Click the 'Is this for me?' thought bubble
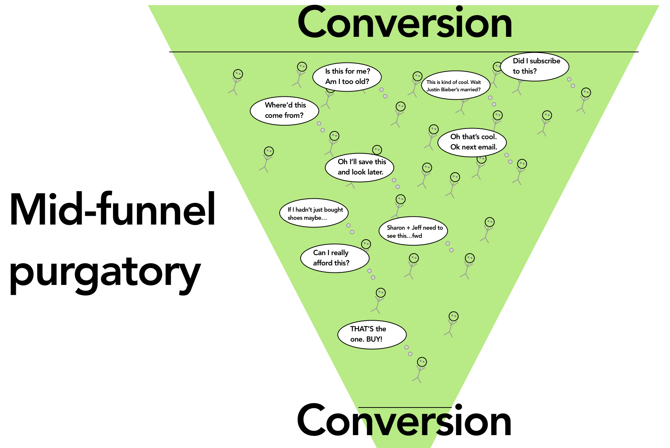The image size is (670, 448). pyautogui.click(x=347, y=77)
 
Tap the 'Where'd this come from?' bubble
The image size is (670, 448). pyautogui.click(x=284, y=110)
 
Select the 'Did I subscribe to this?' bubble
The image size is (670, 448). pyautogui.click(x=536, y=66)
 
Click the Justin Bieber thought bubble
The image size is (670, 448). pyautogui.click(x=455, y=85)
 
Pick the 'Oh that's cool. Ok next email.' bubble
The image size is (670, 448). pyautogui.click(x=472, y=142)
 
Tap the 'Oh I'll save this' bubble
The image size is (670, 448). pyautogui.click(x=359, y=167)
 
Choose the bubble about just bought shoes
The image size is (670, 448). pyautogui.click(x=314, y=214)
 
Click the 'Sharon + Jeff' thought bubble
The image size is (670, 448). pyautogui.click(x=413, y=232)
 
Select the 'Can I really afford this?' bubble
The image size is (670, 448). pyautogui.click(x=334, y=258)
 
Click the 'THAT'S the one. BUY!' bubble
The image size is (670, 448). pyautogui.click(x=372, y=334)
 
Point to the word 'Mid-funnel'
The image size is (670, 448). pyautogui.click(x=112, y=210)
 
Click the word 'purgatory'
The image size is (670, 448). pyautogui.click(x=105, y=272)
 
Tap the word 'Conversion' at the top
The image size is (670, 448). pyautogui.click(x=405, y=23)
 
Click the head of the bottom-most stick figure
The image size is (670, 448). pyautogui.click(x=422, y=362)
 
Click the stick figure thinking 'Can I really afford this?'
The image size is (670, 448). pyautogui.click(x=379, y=300)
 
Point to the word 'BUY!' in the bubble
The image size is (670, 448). pyautogui.click(x=374, y=339)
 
